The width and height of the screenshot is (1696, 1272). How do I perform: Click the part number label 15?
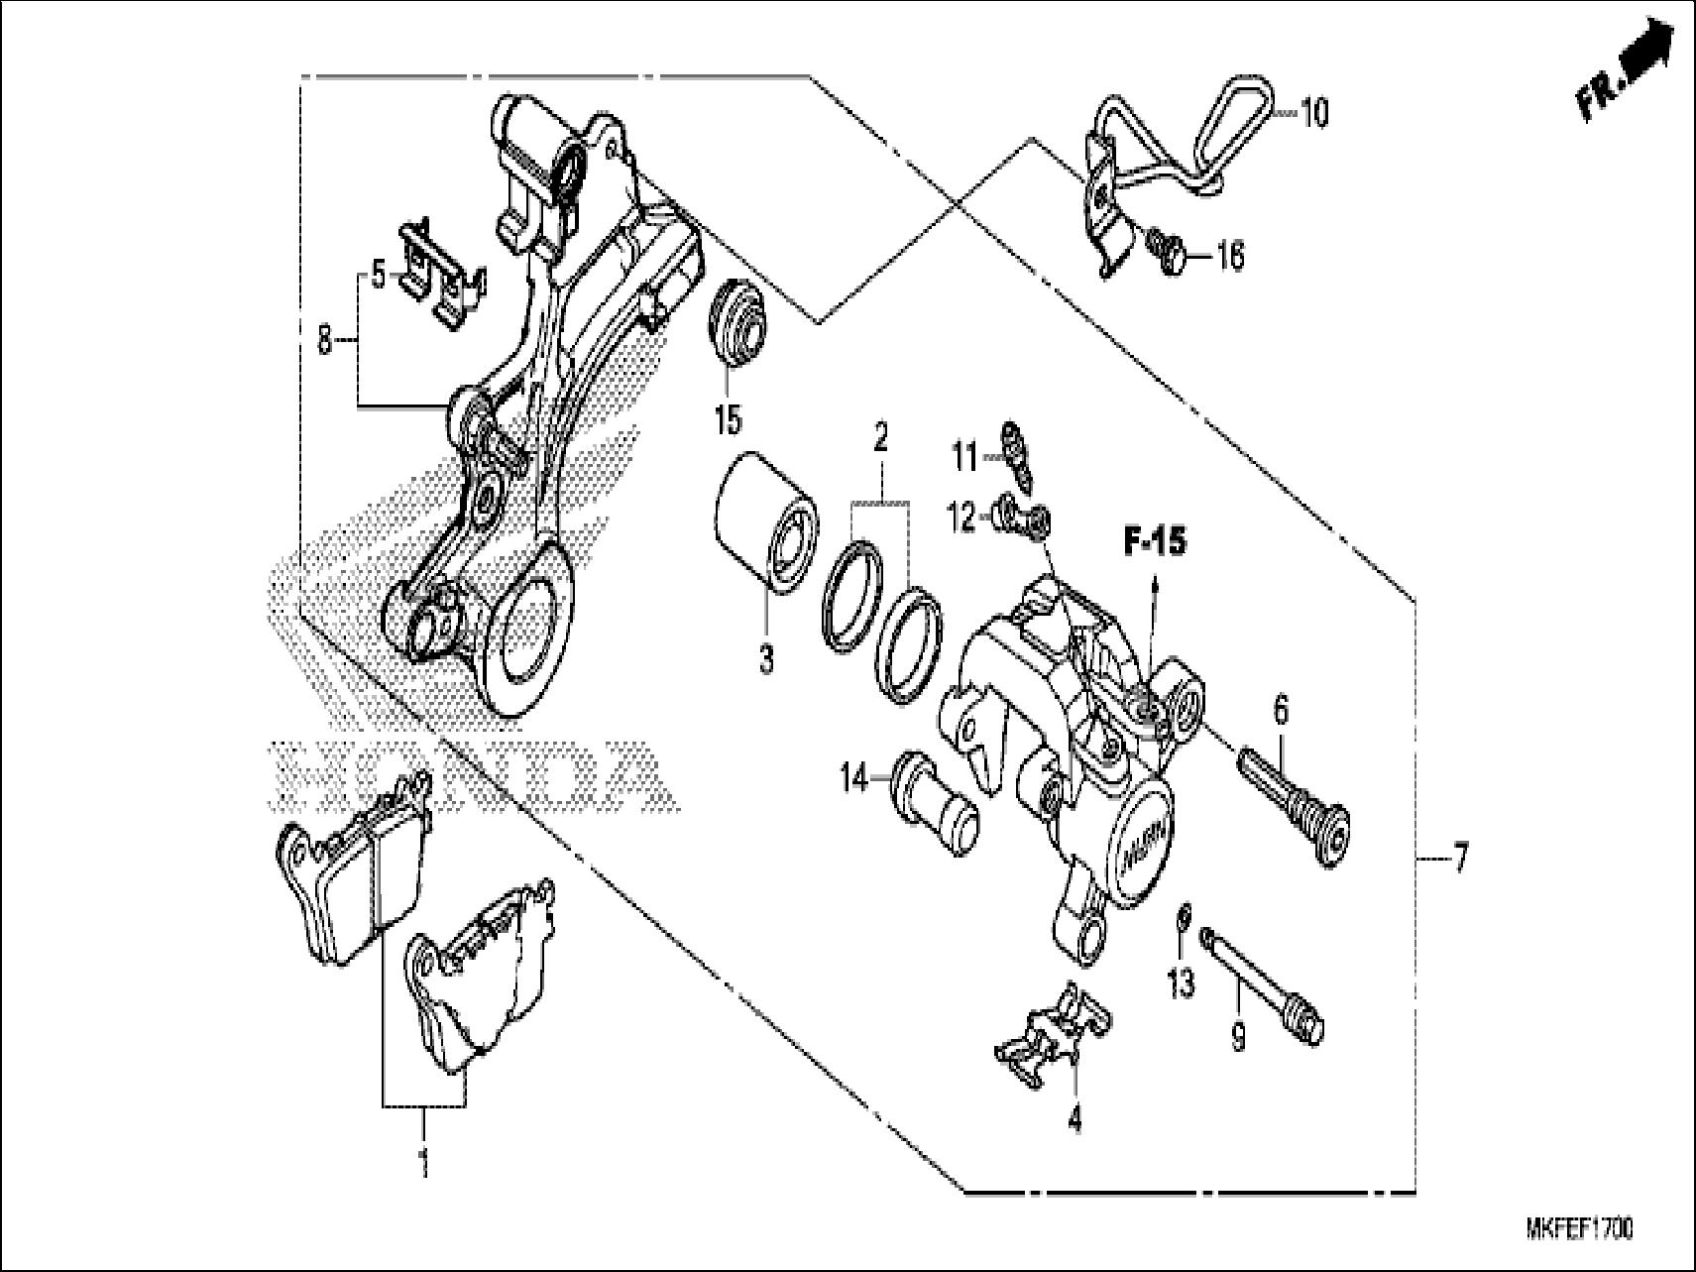point(727,419)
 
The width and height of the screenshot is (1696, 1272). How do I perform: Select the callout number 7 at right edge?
point(1460,858)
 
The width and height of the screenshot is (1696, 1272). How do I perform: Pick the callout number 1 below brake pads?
point(423,1161)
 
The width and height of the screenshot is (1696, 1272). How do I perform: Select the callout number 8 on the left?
point(325,342)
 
